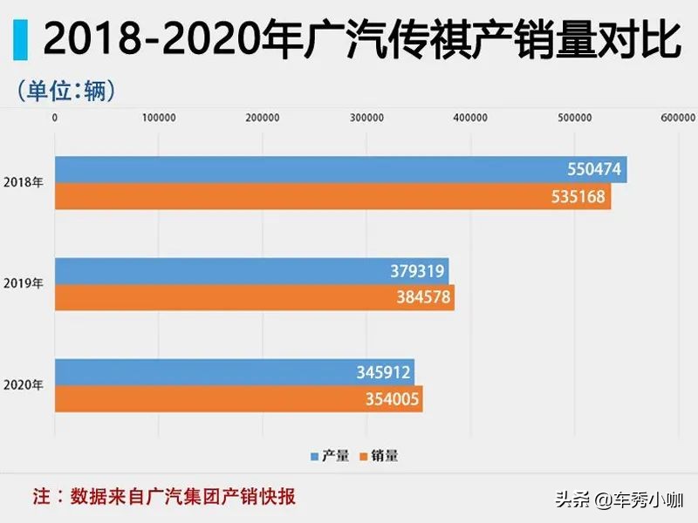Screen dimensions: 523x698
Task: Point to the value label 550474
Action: pyautogui.click(x=593, y=169)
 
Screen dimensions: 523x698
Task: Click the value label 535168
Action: pyautogui.click(x=578, y=196)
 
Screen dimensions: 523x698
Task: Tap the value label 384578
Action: pyautogui.click(x=423, y=297)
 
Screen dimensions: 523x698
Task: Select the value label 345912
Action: pyautogui.click(x=384, y=371)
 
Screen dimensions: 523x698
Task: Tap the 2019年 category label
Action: pyautogui.click(x=24, y=284)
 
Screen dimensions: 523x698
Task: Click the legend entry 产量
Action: pyautogui.click(x=331, y=455)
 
